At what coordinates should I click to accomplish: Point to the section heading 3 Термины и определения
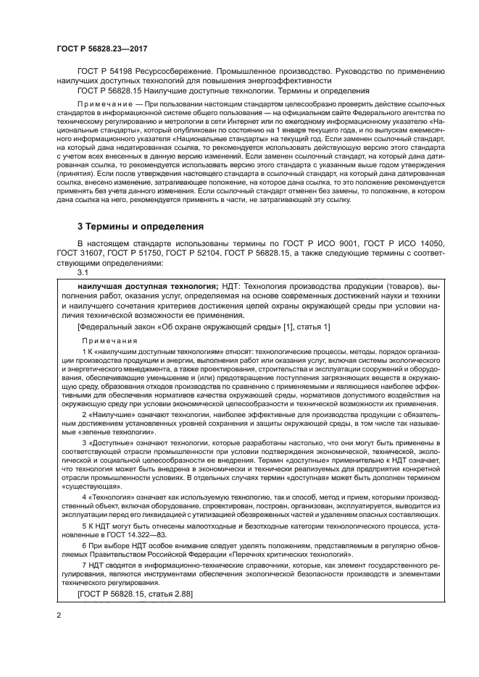coord(141,227)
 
